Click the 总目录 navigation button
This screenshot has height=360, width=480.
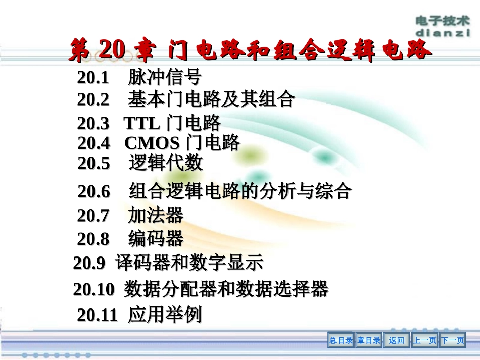(341, 341)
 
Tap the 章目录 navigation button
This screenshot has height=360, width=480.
(369, 341)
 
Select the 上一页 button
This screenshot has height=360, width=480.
(424, 341)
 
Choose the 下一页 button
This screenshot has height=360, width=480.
(452, 341)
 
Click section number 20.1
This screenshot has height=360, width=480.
(93, 78)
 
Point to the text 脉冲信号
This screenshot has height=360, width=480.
(165, 77)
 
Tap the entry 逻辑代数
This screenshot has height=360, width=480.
(166, 163)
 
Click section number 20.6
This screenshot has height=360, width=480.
(93, 192)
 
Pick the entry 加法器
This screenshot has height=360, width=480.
(156, 216)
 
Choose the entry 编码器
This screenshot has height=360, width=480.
(156, 238)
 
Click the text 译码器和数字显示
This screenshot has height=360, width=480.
(189, 263)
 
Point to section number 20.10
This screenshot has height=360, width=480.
(94, 289)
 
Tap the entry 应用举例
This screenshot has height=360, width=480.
(165, 315)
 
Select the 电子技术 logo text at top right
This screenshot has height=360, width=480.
(443, 21)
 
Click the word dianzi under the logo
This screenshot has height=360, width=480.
(443, 32)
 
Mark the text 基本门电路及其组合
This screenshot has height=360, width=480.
(211, 99)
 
